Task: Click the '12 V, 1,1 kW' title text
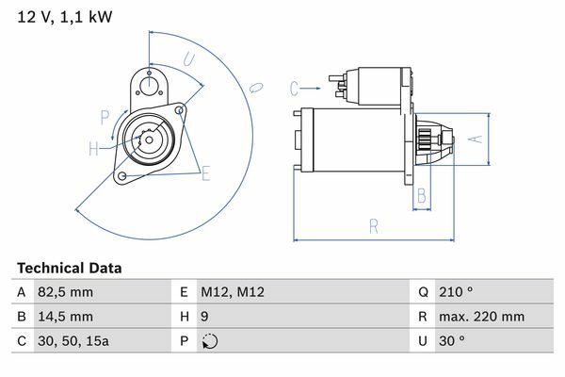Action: click(x=65, y=17)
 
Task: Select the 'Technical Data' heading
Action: click(x=69, y=268)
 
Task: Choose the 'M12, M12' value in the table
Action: click(x=233, y=292)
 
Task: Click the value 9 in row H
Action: click(x=204, y=317)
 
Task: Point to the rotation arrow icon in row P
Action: click(x=210, y=341)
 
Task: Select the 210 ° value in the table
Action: click(x=456, y=292)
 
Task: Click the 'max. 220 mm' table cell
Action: click(x=481, y=317)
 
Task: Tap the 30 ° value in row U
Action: click(x=451, y=341)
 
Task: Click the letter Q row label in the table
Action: click(x=423, y=292)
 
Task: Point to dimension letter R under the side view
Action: click(x=374, y=227)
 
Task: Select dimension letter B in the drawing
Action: click(x=422, y=196)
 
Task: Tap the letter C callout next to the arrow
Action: click(x=294, y=89)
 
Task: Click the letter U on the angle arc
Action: click(x=189, y=59)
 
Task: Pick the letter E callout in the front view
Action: click(x=205, y=173)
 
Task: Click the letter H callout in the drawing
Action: click(x=93, y=149)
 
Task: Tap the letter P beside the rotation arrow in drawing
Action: click(x=105, y=118)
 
